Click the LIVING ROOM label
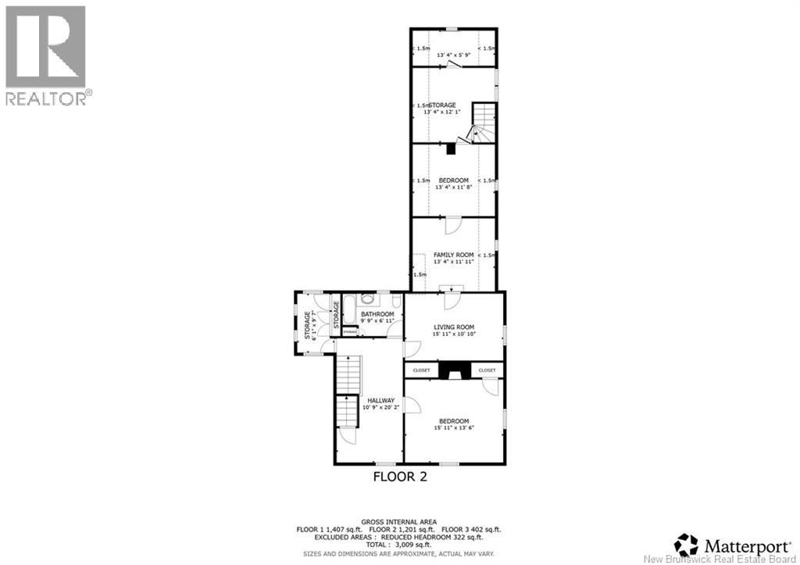pyautogui.click(x=454, y=327)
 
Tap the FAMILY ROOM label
pyautogui.click(x=454, y=255)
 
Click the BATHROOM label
pyautogui.click(x=377, y=314)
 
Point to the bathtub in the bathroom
pyautogui.click(x=348, y=309)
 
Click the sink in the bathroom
pyautogui.click(x=369, y=299)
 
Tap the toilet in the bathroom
pyautogui.click(x=396, y=302)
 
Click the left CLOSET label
pyautogui.click(x=422, y=370)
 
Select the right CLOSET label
pyautogui.click(x=487, y=370)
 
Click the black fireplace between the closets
pyautogui.click(x=454, y=370)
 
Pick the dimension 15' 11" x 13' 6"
pyautogui.click(x=454, y=428)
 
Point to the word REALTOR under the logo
pyautogui.click(x=45, y=98)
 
